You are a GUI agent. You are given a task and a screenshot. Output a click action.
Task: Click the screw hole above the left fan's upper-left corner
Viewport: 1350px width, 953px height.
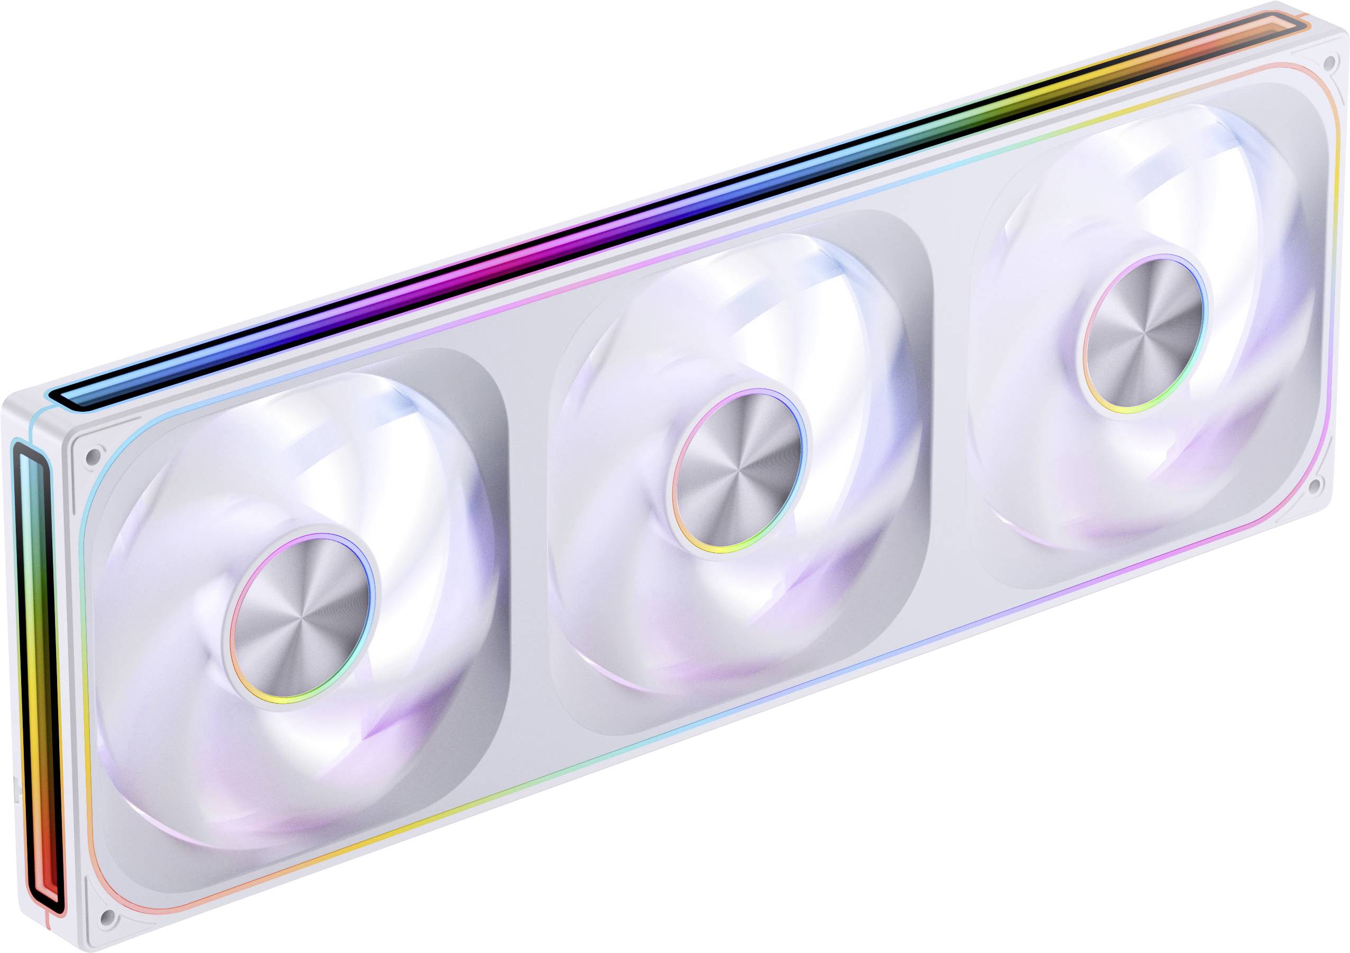92,456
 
